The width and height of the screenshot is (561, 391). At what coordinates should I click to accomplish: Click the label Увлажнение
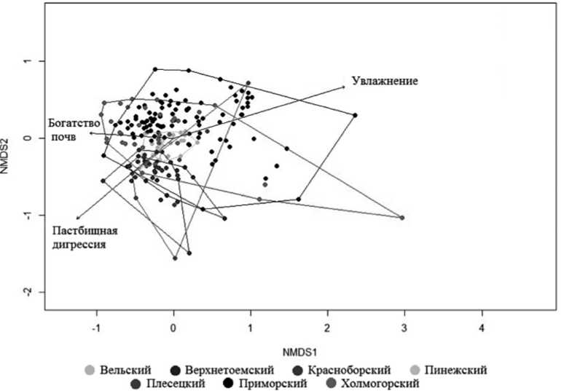tap(384, 81)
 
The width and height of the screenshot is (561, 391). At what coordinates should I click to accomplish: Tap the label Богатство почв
tap(74, 130)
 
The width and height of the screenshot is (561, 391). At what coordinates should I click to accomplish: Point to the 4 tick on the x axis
tap(482, 328)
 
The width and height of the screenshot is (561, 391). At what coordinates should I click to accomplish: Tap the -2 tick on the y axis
tap(29, 292)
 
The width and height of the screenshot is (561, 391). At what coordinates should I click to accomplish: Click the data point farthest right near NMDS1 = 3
tap(402, 218)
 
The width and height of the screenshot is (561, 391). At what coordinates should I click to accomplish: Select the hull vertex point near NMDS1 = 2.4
tap(356, 115)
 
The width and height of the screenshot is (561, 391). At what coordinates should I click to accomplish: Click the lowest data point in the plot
tap(175, 258)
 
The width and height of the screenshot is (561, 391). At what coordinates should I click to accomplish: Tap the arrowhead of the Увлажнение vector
tap(344, 87)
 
